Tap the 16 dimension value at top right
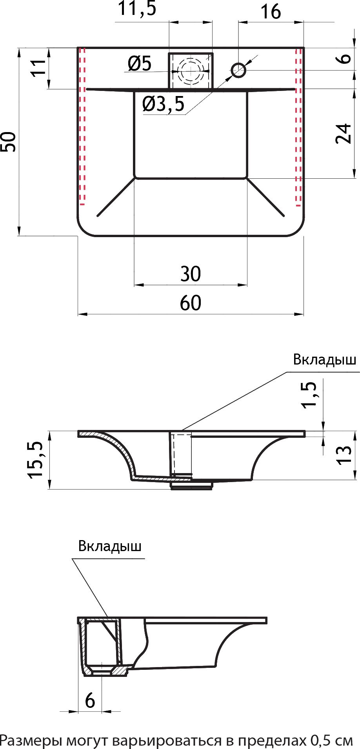point(271,12)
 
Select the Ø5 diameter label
point(140,63)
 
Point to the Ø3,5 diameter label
point(163,104)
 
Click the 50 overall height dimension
point(9,142)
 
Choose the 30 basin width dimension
point(191,274)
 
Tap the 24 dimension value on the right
point(344,134)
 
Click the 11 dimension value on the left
point(38,68)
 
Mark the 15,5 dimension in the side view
point(35,459)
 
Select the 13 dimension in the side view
point(345,455)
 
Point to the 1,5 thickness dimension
point(309,395)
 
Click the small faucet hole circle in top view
point(238,71)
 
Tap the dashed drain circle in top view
point(191,71)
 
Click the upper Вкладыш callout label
point(325,360)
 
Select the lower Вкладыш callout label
point(110,546)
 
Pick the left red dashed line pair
point(82,125)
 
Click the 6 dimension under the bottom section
point(90,700)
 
